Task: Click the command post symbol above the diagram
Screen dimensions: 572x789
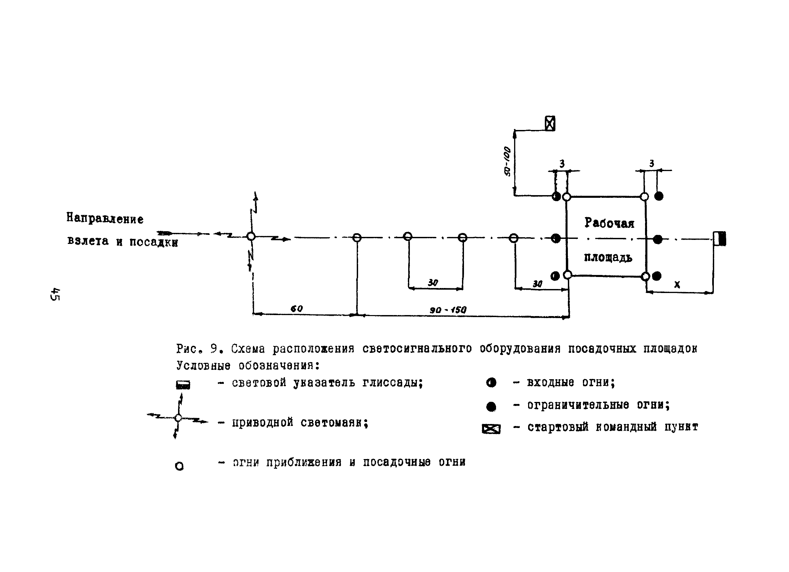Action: pos(550,124)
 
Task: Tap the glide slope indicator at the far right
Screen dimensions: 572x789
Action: pos(720,239)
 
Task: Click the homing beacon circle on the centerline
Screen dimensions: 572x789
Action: pos(251,237)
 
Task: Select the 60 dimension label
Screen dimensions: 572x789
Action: pos(297,309)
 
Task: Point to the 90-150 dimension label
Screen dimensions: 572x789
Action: pos(448,310)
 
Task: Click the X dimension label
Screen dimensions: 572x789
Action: pos(677,285)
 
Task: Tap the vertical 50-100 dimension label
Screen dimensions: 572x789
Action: pos(507,161)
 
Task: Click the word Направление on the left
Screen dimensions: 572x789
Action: pos(105,219)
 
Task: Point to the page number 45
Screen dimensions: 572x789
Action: pos(55,294)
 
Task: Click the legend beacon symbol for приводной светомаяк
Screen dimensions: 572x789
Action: pos(178,418)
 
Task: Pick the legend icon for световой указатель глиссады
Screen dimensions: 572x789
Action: pos(183,385)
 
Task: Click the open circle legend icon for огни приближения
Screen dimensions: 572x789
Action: pos(179,466)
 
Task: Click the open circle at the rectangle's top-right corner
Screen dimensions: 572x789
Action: pos(645,197)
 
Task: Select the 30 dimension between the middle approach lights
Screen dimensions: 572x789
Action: pos(433,283)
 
